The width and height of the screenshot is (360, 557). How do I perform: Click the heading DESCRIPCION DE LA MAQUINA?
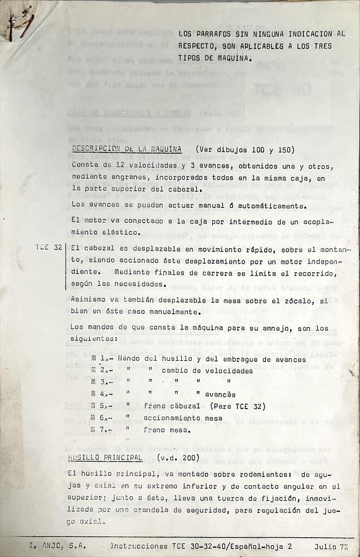pyautogui.click(x=127, y=149)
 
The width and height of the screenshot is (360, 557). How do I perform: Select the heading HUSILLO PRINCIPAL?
pyautogui.click(x=105, y=457)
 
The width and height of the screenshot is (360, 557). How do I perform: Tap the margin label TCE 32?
pyautogui.click(x=48, y=248)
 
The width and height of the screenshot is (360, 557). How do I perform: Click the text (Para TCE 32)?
pyautogui.click(x=238, y=406)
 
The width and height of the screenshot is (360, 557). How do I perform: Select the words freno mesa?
pyautogui.click(x=167, y=430)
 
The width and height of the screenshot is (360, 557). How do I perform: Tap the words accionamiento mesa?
pyautogui.click(x=182, y=418)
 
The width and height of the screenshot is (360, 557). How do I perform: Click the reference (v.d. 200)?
pyautogui.click(x=178, y=457)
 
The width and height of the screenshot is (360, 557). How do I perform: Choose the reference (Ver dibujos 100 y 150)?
pyautogui.click(x=245, y=149)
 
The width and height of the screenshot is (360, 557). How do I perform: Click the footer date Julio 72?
pyautogui.click(x=331, y=546)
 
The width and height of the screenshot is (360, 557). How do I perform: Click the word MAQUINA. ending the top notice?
pyautogui.click(x=233, y=59)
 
